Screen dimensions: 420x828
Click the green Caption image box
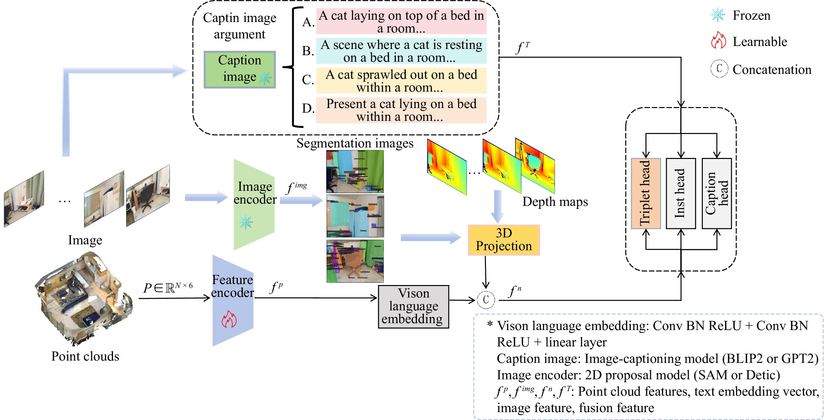(x=240, y=69)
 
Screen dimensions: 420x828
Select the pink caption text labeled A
(x=401, y=22)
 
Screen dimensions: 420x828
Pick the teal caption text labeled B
(x=401, y=51)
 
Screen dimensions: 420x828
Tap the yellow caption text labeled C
(x=401, y=81)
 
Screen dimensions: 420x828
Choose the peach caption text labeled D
(x=401, y=110)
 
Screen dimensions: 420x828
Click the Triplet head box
(x=646, y=193)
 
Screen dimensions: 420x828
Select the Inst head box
(x=681, y=193)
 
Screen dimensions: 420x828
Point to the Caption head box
(x=717, y=193)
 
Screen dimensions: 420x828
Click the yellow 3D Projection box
(x=504, y=240)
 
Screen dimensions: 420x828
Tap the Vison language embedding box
(x=413, y=306)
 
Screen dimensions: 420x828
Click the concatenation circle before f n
(x=486, y=300)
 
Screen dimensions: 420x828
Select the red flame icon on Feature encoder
(x=229, y=319)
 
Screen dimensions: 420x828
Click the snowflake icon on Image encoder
(x=246, y=222)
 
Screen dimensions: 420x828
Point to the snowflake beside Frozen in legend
(x=718, y=15)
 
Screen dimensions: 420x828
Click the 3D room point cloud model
(x=84, y=299)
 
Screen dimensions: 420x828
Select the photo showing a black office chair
(x=148, y=196)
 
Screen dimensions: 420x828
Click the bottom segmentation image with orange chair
(x=355, y=261)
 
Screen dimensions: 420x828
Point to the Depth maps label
(x=555, y=202)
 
